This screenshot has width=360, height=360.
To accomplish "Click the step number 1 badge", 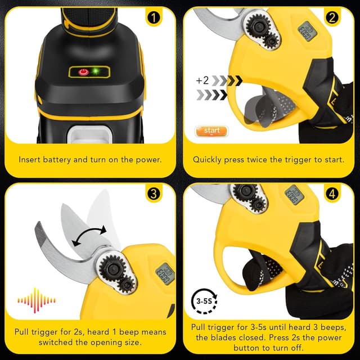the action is coord(154,17).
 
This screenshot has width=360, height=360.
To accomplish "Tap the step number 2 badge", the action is coord(332,17).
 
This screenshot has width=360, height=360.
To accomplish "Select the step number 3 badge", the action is coord(154,193).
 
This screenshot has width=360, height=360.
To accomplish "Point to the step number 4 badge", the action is coord(332,194).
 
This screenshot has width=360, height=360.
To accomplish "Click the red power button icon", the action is coord(84,72).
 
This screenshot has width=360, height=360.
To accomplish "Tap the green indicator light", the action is coord(96,71).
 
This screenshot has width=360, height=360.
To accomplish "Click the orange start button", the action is coord(211,131).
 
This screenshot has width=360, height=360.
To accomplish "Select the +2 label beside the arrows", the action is coord(202,80).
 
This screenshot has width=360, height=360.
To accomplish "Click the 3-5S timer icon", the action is coord(204,301).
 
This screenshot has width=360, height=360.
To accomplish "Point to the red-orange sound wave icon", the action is coord(36,300).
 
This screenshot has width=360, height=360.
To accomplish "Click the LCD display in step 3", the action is coord(165,274).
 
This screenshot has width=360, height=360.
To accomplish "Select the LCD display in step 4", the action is coord(294,195).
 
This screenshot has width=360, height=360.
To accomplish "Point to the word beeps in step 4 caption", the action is coord(333,327).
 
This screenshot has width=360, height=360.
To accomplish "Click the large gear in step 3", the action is coord(112,269).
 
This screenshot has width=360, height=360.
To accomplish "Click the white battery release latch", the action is coord(90,134).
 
